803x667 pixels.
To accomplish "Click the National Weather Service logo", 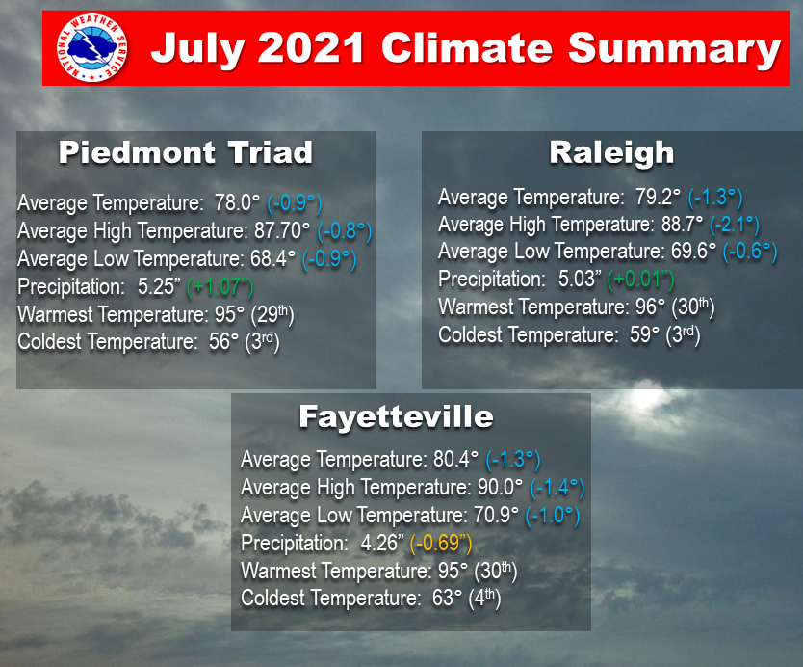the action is click(x=92, y=48).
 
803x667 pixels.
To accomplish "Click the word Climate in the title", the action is click(x=467, y=48).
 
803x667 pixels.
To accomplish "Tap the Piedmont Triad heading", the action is click(x=186, y=152).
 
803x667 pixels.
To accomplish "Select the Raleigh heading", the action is click(x=611, y=153).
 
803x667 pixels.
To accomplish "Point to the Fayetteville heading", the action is click(x=396, y=416).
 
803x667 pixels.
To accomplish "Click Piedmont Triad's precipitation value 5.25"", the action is click(x=159, y=286).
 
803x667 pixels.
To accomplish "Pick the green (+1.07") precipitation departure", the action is click(x=220, y=287).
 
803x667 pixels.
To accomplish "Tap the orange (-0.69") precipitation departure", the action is click(x=441, y=543).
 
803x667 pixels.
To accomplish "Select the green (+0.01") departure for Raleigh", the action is click(x=640, y=279).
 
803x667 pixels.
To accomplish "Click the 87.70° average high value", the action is click(x=282, y=230).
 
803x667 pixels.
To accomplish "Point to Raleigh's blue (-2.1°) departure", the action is click(x=735, y=224).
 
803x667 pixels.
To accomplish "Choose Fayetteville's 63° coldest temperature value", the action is click(x=447, y=599).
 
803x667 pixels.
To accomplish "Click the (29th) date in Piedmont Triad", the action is click(x=272, y=315).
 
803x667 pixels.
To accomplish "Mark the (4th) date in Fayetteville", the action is click(x=484, y=599).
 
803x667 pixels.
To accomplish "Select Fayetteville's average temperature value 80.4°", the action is click(x=455, y=460).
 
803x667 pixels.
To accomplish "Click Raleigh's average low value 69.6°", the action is click(x=694, y=252).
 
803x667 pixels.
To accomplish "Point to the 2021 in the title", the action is click(x=311, y=48).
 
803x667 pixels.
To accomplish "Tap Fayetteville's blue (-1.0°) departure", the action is click(x=553, y=516).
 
